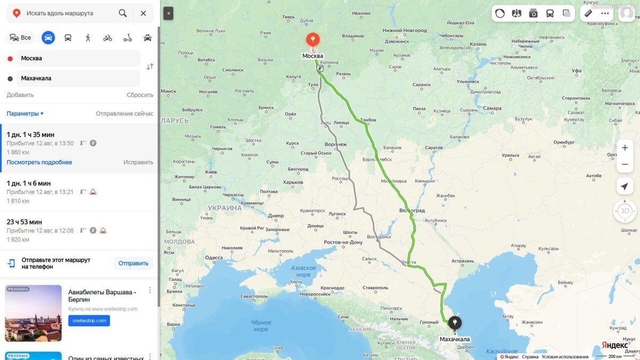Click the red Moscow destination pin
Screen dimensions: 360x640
pyautogui.click(x=313, y=40)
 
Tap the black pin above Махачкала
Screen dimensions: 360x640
pyautogui.click(x=455, y=323)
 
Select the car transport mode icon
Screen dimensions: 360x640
pyautogui.click(x=48, y=38)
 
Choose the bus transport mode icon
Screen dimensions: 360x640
pyautogui.click(x=68, y=38)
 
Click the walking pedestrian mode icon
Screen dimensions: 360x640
pyautogui.click(x=88, y=38)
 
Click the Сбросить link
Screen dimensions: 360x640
pyautogui.click(x=140, y=95)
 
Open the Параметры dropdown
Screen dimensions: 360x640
pyautogui.click(x=25, y=114)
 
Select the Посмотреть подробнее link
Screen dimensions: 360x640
pyautogui.click(x=39, y=162)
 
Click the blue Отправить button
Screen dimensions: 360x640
pyautogui.click(x=133, y=263)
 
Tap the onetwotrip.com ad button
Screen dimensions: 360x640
pyautogui.click(x=89, y=321)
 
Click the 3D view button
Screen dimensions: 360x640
pyautogui.click(x=625, y=211)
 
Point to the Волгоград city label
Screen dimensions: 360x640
pyautogui.click(x=412, y=211)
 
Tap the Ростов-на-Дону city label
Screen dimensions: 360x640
pyautogui.click(x=343, y=243)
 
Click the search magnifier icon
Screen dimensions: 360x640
pyautogui.click(x=123, y=13)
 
